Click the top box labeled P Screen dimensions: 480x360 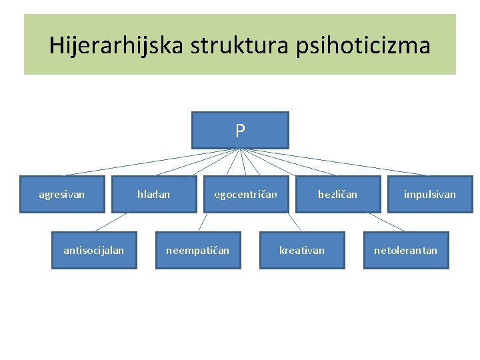(x=240, y=130)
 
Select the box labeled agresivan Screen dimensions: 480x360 (x=62, y=194)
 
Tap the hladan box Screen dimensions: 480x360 (x=154, y=194)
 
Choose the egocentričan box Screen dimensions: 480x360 (x=246, y=194)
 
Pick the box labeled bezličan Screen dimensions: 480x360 (x=337, y=194)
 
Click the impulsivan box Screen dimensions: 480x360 (x=430, y=194)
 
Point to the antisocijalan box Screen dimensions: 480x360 (x=94, y=250)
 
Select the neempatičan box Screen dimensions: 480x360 (x=198, y=250)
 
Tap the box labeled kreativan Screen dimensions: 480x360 (x=302, y=250)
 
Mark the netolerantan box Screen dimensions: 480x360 (x=406, y=250)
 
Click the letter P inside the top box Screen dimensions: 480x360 (x=240, y=131)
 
